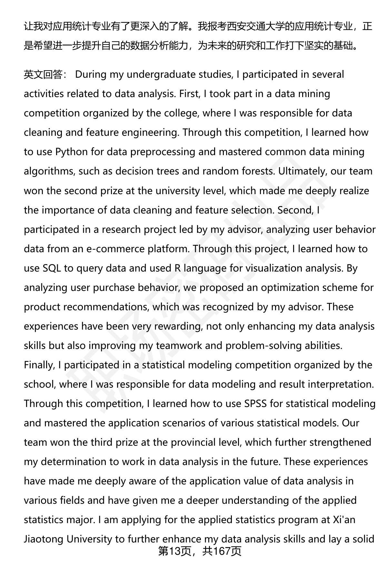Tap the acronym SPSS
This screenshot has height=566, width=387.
255,404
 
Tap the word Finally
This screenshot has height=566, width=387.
38,365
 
